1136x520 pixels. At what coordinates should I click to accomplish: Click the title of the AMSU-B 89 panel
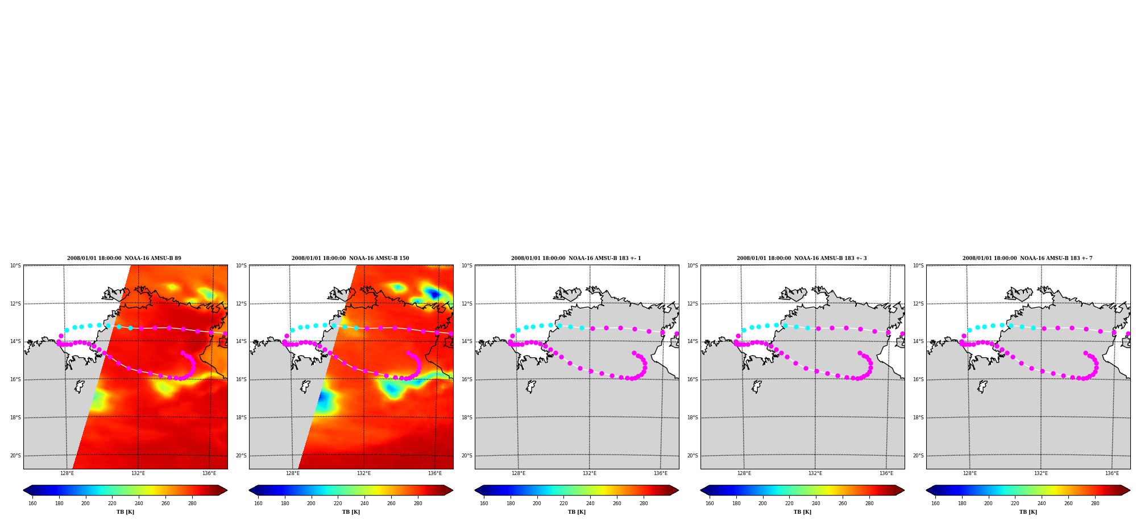tap(124, 258)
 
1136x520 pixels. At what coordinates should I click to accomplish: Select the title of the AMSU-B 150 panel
tap(350, 258)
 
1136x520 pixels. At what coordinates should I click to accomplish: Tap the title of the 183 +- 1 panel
tap(576, 258)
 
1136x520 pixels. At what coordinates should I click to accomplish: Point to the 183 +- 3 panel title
tap(802, 258)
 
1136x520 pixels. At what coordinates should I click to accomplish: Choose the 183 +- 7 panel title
tap(1027, 258)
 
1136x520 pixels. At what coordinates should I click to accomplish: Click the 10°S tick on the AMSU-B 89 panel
tap(15, 266)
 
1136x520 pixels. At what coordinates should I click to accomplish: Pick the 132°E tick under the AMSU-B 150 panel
tap(364, 473)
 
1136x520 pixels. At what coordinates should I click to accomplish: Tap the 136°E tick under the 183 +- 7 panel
tap(1112, 473)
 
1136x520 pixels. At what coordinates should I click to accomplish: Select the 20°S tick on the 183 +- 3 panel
tap(693, 456)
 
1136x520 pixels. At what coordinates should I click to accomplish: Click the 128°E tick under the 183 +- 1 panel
tap(519, 473)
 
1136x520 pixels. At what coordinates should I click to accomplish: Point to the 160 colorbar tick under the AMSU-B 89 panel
tap(32, 504)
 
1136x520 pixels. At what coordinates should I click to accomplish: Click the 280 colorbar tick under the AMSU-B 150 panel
tap(418, 504)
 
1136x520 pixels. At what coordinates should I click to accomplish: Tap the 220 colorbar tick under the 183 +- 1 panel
tap(563, 504)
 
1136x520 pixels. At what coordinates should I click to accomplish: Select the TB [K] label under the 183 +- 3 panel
tap(802, 512)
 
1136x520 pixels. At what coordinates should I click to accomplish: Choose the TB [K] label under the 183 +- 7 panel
tap(1028, 512)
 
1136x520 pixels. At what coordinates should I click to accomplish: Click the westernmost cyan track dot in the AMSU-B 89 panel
tap(67, 330)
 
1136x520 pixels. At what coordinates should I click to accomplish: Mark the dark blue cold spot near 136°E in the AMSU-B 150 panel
tap(433, 294)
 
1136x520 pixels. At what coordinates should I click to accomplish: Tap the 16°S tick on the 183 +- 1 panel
tap(467, 379)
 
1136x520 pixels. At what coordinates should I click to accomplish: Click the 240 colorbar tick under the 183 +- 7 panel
tap(1042, 504)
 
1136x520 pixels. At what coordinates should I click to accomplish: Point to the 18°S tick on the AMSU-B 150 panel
tap(241, 418)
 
